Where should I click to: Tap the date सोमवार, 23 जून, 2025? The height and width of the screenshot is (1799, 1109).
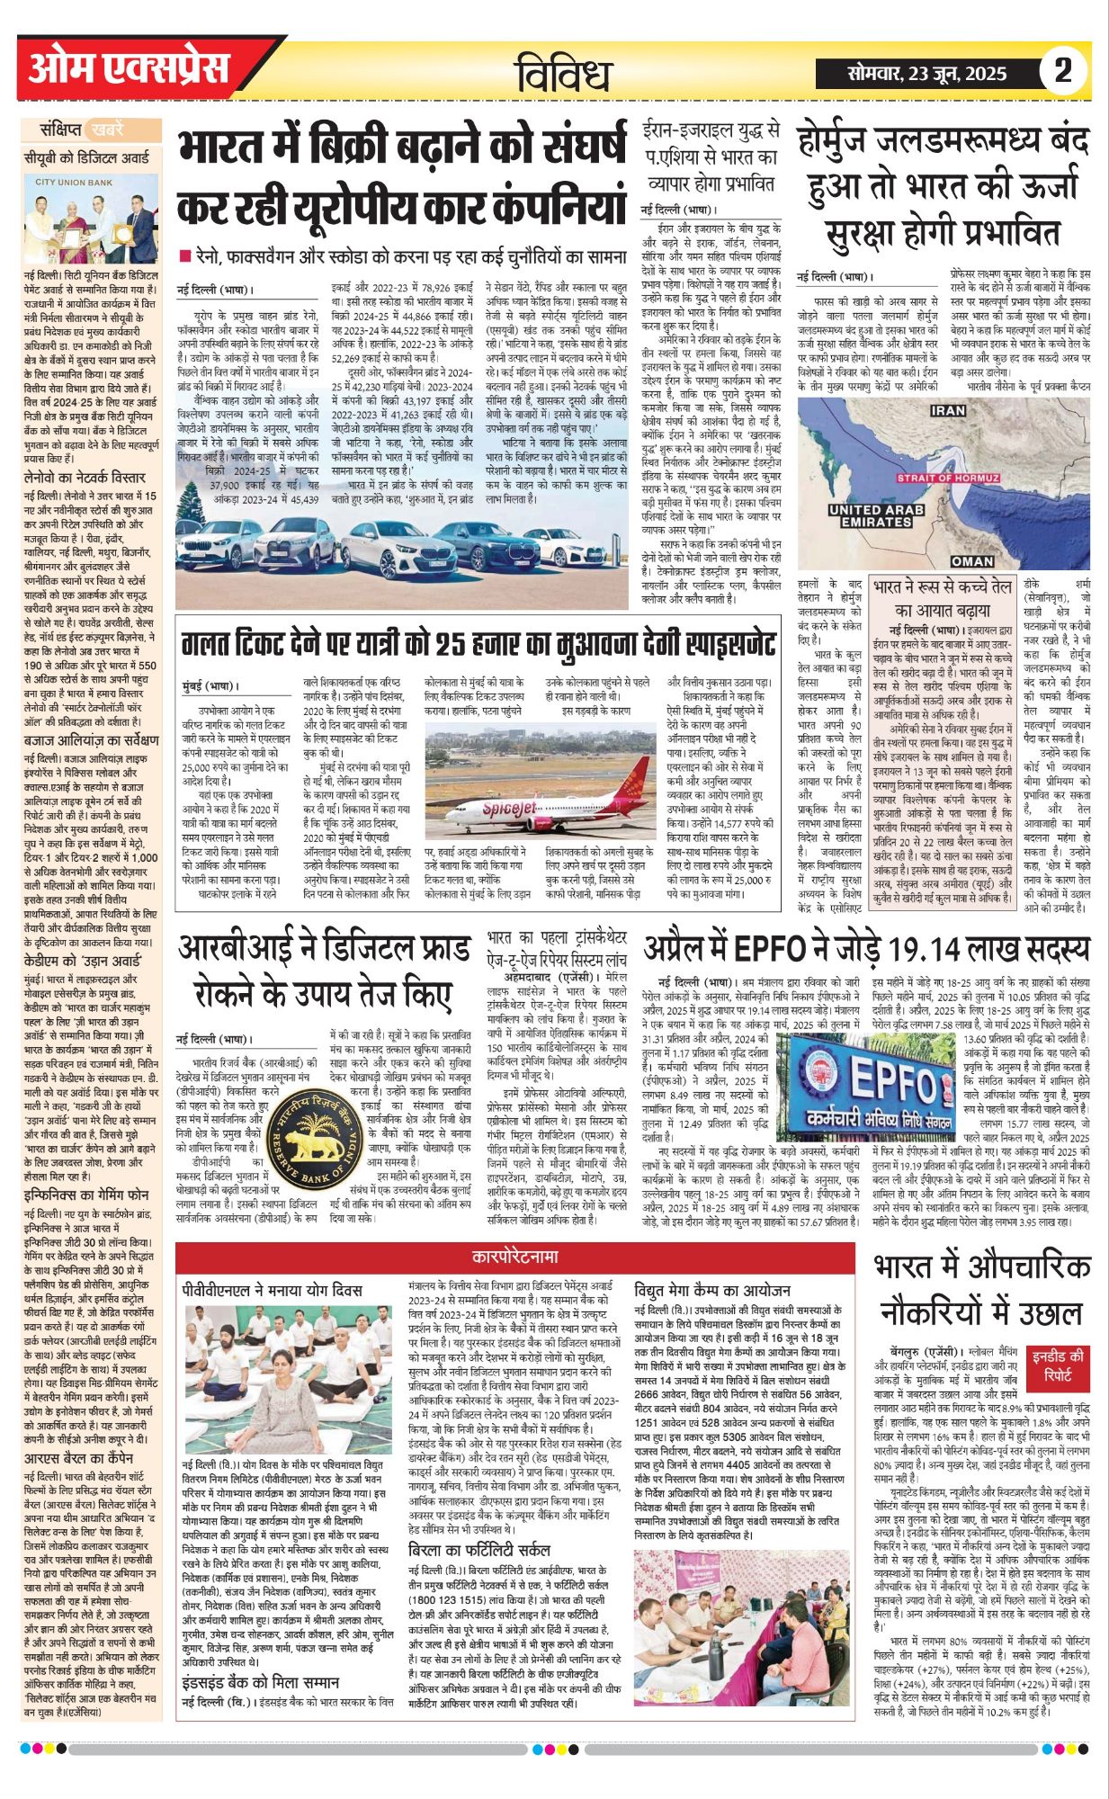[926, 73]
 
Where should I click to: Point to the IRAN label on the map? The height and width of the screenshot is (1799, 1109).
[947, 410]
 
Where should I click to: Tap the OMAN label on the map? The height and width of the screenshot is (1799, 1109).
[972, 560]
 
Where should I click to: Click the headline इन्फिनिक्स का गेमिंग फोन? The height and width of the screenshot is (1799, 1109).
[86, 1195]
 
